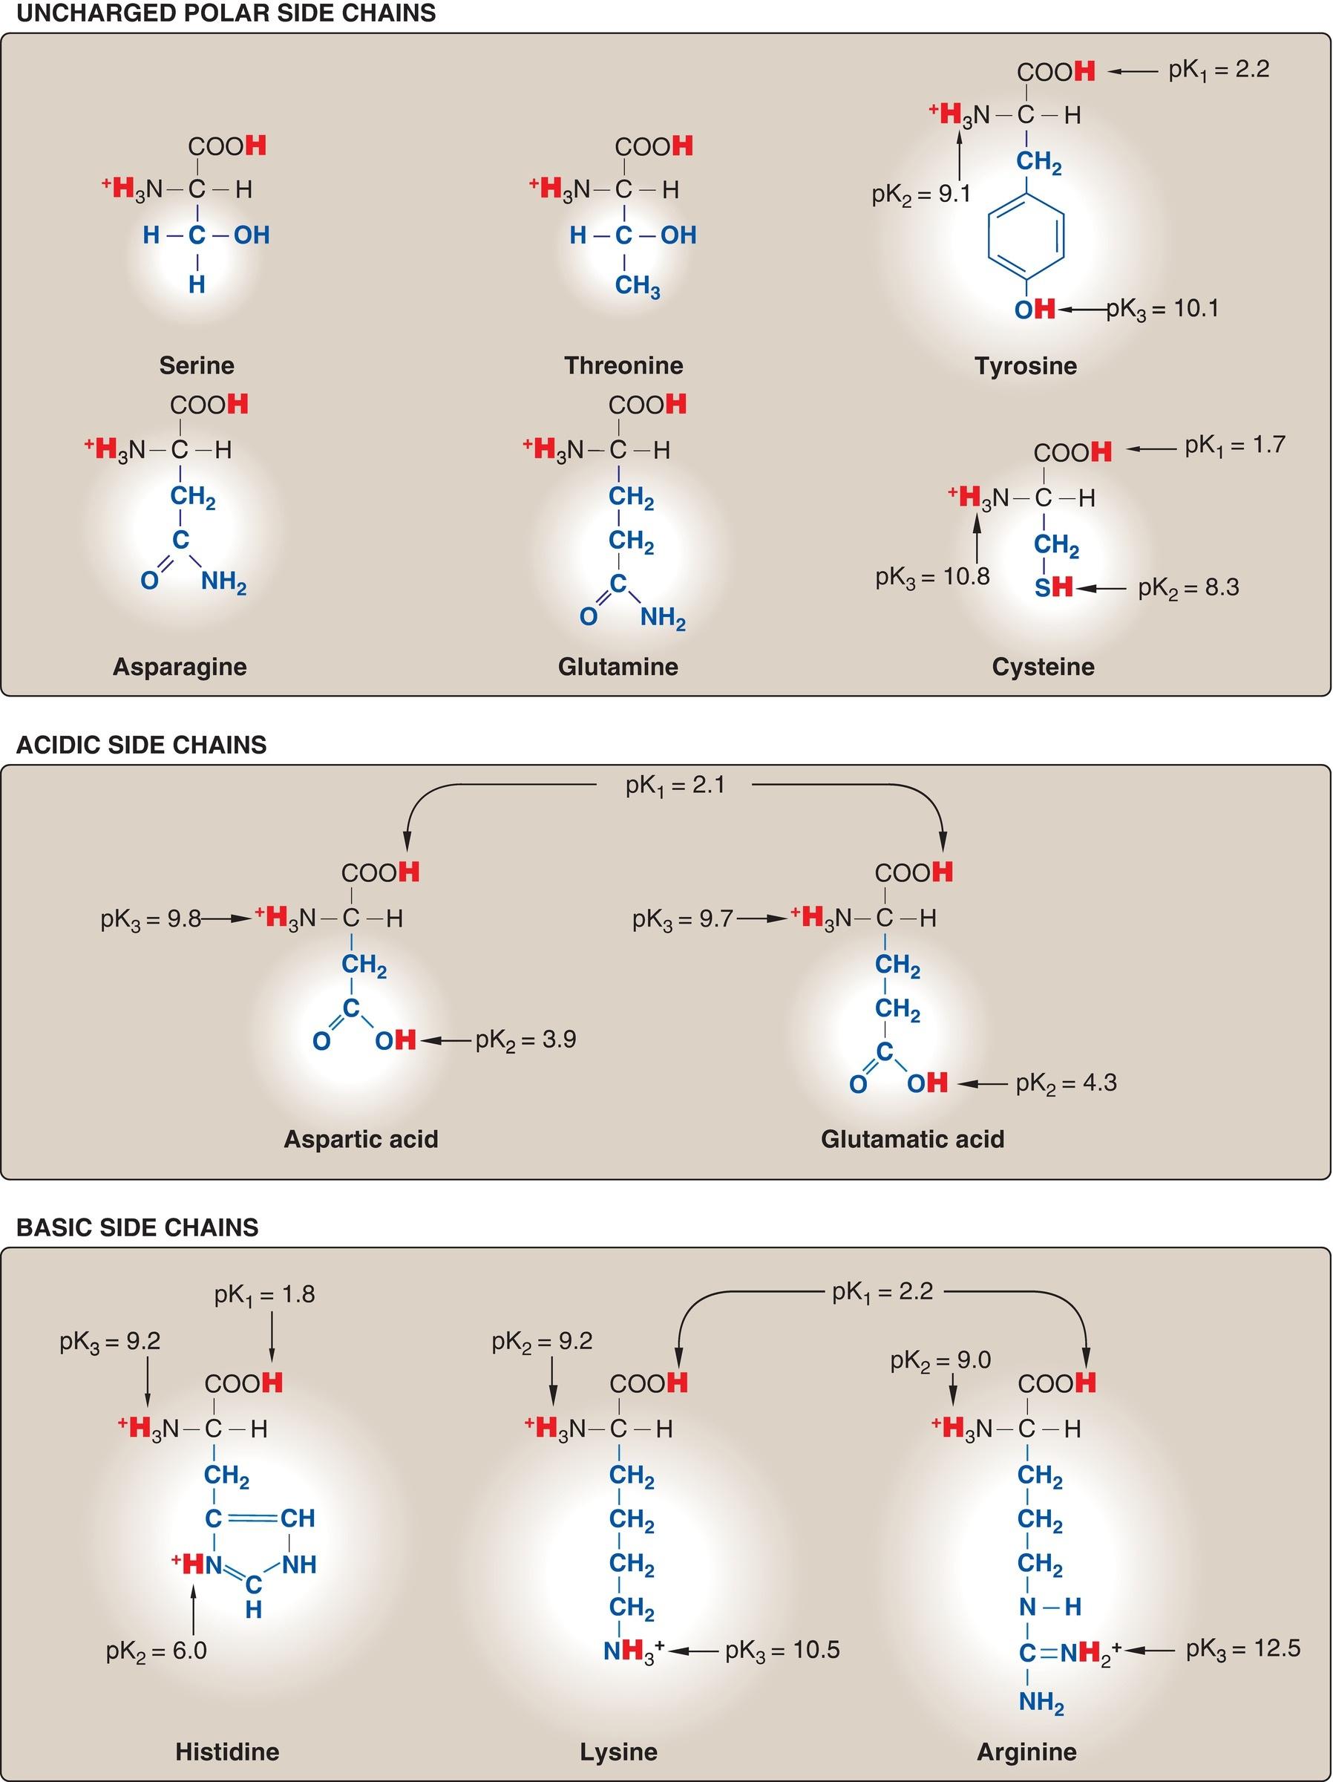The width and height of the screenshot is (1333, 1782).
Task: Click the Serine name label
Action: click(197, 365)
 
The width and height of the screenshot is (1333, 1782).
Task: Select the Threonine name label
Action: click(623, 365)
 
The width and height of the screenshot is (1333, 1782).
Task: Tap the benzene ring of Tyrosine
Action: click(1025, 235)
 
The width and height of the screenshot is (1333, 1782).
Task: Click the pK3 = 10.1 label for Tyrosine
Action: click(1162, 309)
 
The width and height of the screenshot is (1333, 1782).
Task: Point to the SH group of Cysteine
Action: click(1053, 587)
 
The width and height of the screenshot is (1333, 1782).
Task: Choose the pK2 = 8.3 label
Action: click(1188, 587)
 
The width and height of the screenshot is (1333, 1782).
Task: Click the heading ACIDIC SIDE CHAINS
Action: click(141, 745)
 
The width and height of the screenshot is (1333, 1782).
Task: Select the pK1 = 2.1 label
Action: click(675, 785)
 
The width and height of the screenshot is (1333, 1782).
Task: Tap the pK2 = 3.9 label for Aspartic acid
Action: click(525, 1039)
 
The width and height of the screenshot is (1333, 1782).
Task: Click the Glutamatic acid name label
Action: click(913, 1138)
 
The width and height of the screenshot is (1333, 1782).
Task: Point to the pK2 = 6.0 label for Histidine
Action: click(157, 1651)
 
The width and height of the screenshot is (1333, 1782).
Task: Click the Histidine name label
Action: click(227, 1752)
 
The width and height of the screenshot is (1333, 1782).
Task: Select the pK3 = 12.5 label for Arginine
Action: click(1242, 1648)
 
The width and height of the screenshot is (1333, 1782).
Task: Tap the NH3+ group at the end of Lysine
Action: click(634, 1651)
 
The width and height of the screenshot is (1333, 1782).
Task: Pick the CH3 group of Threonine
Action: click(637, 285)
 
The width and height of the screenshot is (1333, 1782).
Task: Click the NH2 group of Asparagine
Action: click(223, 581)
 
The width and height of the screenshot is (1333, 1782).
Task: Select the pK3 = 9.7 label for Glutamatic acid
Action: click(682, 918)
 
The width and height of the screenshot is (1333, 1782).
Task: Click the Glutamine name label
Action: click(618, 666)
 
